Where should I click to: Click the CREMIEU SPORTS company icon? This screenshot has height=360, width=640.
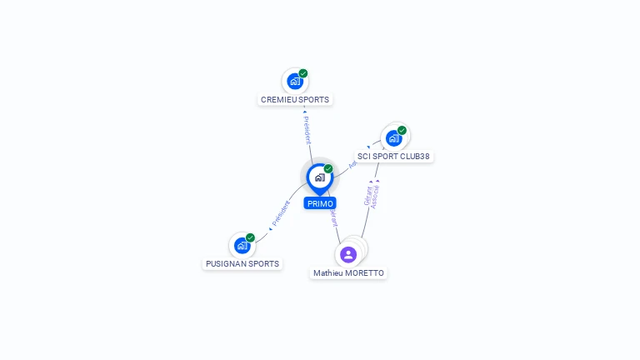click(x=294, y=82)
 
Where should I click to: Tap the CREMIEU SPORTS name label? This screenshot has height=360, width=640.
click(x=295, y=100)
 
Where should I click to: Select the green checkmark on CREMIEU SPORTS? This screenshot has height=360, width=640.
click(x=303, y=73)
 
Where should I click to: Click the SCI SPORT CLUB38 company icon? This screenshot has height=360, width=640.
click(x=393, y=138)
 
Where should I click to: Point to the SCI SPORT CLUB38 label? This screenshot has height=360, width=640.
click(x=393, y=157)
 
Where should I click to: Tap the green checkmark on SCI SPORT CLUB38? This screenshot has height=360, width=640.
click(x=402, y=130)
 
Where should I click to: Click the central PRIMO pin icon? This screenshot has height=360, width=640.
click(x=319, y=177)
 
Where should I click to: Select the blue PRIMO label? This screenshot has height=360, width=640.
click(x=320, y=203)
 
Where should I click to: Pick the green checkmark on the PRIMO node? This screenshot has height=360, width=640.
click(x=328, y=168)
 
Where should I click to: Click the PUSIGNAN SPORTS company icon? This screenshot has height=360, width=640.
click(x=242, y=246)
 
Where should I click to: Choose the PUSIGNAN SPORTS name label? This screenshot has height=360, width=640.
click(x=242, y=264)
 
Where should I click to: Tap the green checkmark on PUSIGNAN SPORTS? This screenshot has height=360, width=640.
click(x=250, y=237)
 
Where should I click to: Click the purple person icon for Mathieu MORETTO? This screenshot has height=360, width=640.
click(x=348, y=254)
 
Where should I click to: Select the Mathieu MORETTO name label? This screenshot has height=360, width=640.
click(x=348, y=273)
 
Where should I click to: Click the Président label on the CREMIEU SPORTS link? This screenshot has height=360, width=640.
click(x=307, y=129)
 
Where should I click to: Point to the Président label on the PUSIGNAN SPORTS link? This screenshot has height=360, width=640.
click(x=281, y=213)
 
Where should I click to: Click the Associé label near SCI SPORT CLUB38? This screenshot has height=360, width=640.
click(x=376, y=195)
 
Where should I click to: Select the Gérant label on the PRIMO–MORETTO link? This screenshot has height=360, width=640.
click(x=333, y=217)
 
